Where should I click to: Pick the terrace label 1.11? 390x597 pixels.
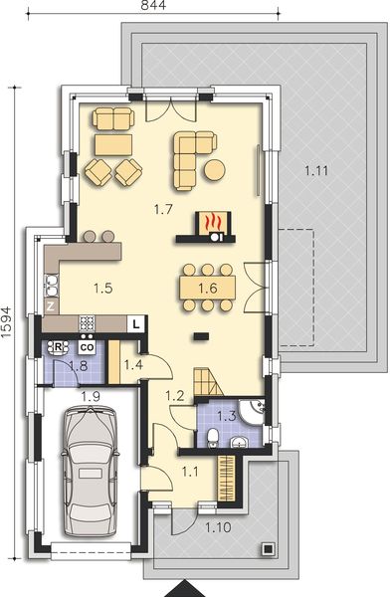click(316, 171)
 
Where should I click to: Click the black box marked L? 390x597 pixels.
click(136, 322)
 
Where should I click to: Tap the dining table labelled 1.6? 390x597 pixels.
click(207, 289)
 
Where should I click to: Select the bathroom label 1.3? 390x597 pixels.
click(225, 417)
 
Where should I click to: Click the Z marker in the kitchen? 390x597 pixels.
click(50, 307)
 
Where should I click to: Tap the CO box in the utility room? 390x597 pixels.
click(87, 347)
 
